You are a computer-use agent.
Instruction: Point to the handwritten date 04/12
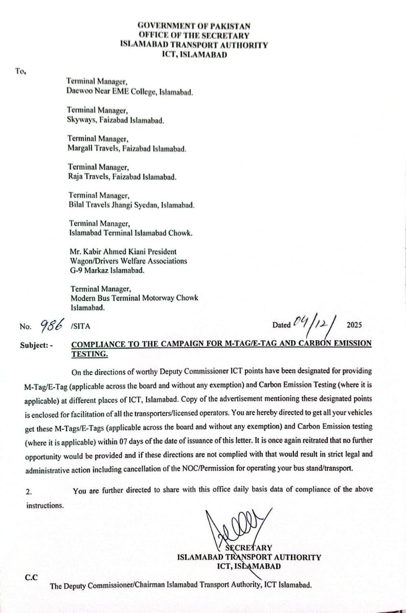pyautogui.click(x=311, y=322)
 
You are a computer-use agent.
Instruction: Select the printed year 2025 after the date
pyautogui.click(x=353, y=324)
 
